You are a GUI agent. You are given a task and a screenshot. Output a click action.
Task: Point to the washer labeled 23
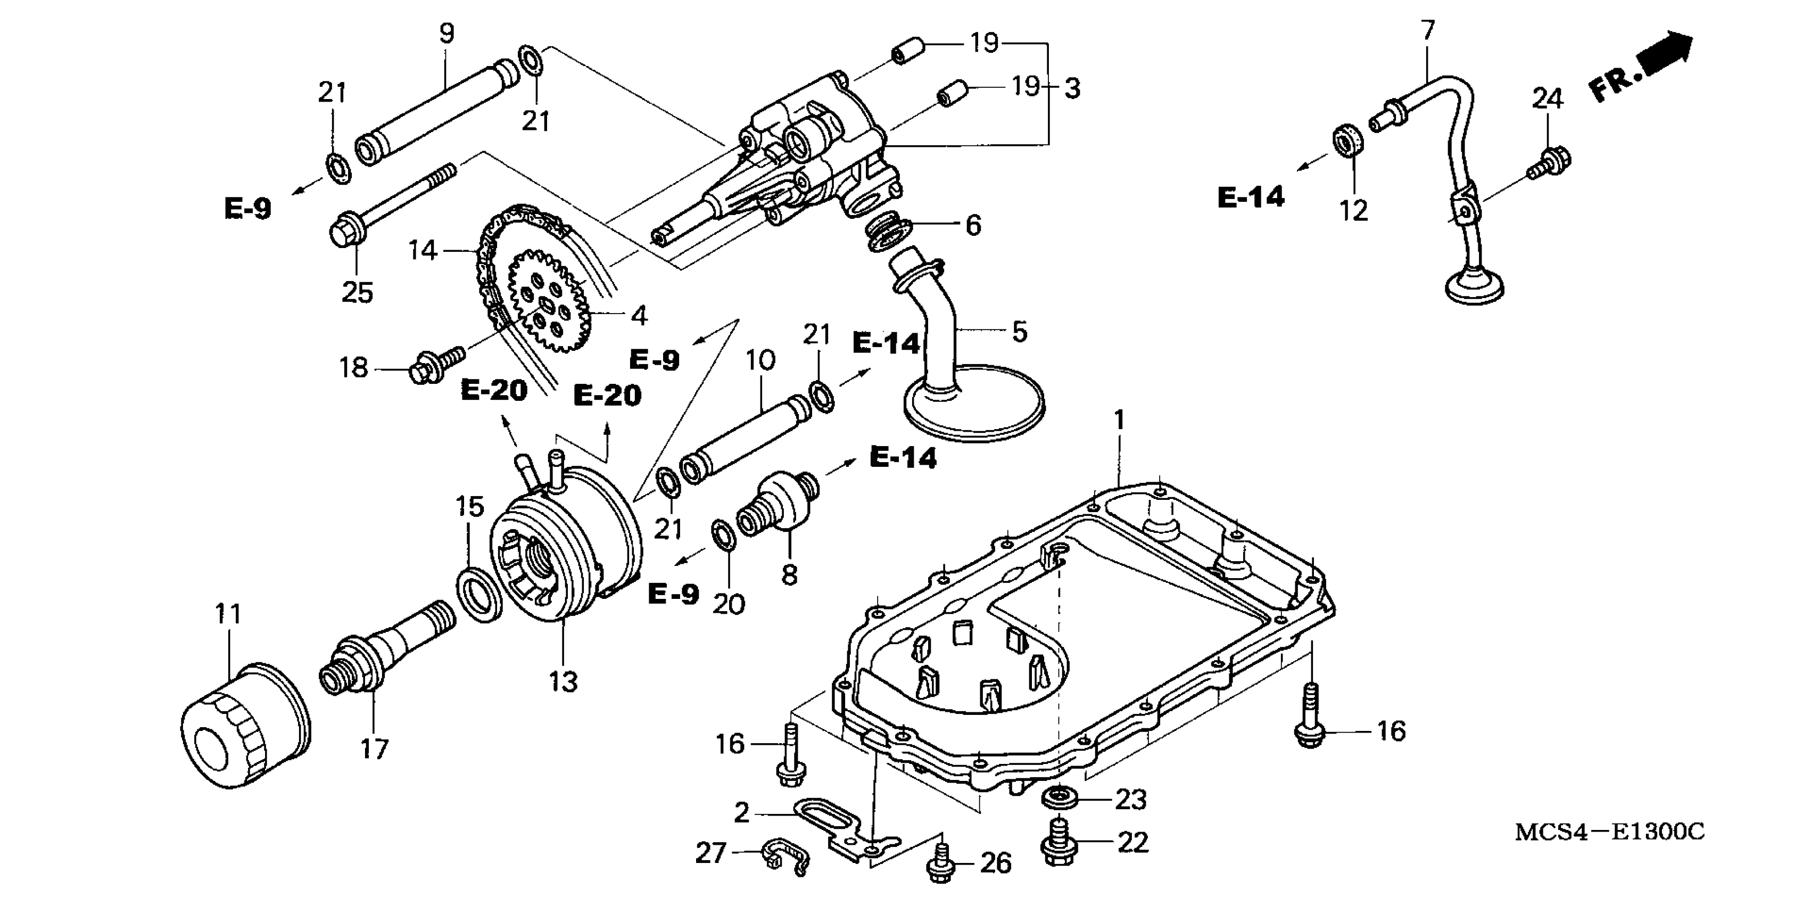1060,798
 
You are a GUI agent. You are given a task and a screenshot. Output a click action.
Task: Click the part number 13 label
563,681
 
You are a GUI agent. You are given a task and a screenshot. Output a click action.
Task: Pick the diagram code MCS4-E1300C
1609,833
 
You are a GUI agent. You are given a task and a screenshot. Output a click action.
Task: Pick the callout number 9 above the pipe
446,33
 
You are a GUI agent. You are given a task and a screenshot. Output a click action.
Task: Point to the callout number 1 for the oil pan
1119,421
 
